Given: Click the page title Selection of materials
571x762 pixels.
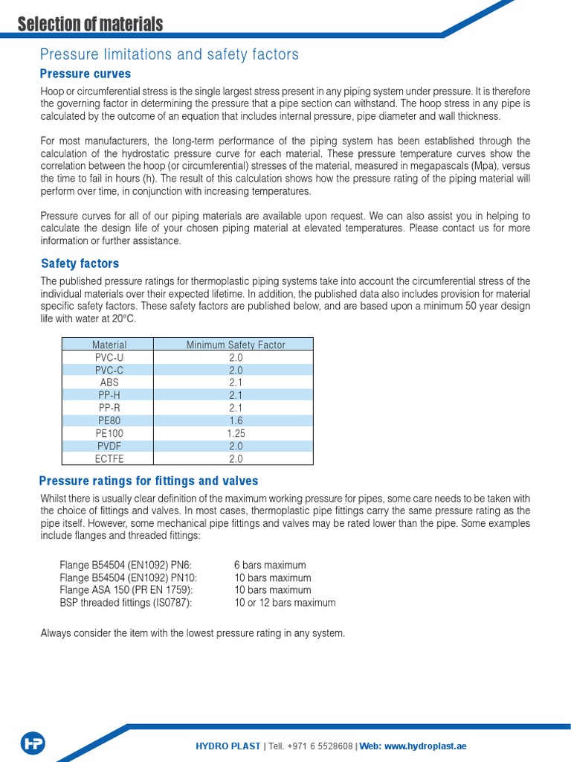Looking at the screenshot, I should pos(90,25).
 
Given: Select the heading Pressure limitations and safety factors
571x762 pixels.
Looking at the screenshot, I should pos(169,54).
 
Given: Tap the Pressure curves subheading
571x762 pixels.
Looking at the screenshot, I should pos(85,74).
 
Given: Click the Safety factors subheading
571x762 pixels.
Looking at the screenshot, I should pos(80,263).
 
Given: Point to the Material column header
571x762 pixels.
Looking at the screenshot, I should pos(109,345).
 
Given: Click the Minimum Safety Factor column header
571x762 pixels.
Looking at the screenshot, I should pos(236,345).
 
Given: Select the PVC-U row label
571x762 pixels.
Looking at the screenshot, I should pos(109,357).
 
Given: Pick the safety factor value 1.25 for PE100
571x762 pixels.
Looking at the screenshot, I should pos(236,433).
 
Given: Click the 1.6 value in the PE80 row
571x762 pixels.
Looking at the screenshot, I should pos(236,420).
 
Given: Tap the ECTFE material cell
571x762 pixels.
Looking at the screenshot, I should pos(109,458).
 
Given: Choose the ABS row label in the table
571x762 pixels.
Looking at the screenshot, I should pos(109,382).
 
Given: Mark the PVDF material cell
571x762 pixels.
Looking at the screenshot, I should pos(109,446).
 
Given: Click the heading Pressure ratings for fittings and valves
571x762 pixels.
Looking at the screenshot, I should pos(149,481).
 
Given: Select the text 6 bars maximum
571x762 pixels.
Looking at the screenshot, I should pos(269,565).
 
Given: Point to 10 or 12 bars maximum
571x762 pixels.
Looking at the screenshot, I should pos(285,603).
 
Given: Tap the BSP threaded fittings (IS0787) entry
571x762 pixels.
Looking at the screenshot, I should pos(126,603).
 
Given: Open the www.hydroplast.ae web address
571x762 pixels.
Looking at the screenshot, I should pos(425,746).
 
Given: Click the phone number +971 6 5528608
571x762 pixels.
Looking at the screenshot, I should pos(317,746).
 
